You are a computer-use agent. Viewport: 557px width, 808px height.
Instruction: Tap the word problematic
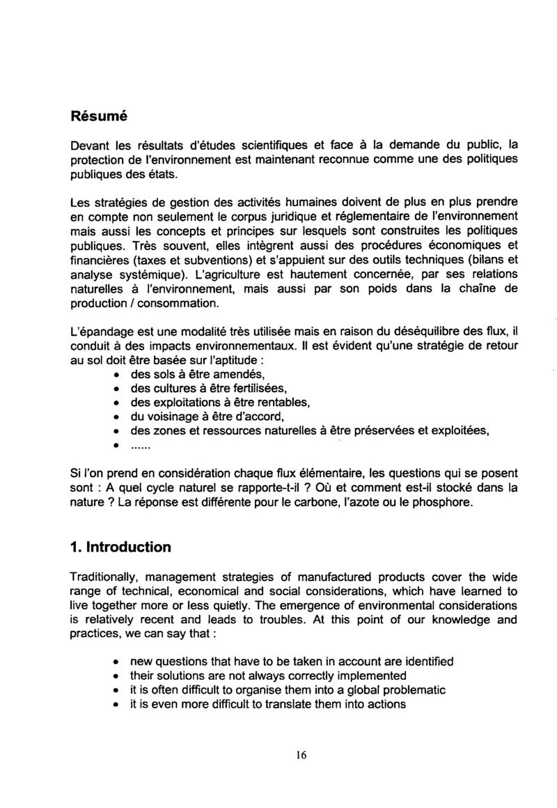tap(407, 689)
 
